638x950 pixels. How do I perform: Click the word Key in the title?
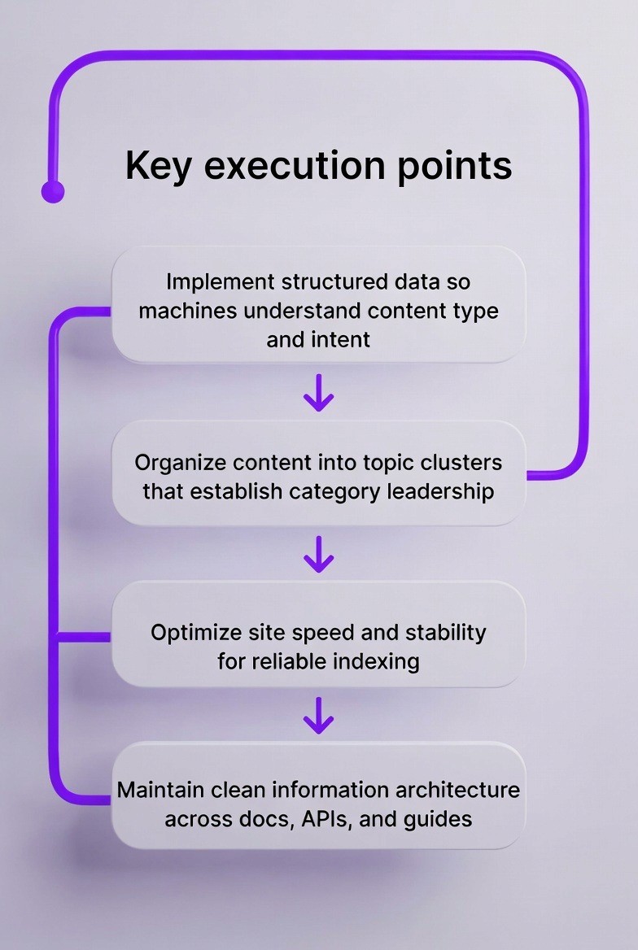point(159,165)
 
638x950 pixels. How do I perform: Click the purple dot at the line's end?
point(53,192)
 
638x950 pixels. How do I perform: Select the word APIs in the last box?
point(325,818)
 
